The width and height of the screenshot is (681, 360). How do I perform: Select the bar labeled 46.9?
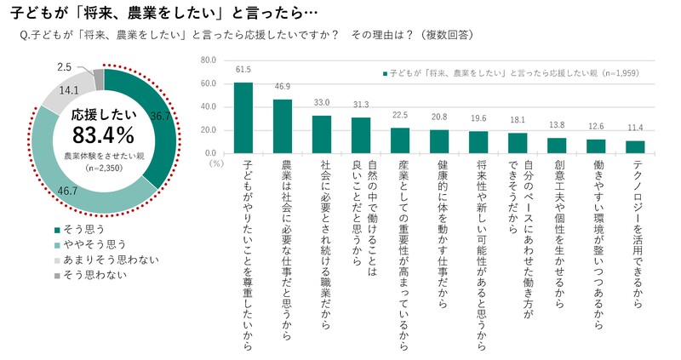pyautogui.click(x=283, y=126)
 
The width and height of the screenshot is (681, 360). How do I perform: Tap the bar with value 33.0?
pyautogui.click(x=322, y=134)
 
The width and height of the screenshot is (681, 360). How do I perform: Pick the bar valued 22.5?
pyautogui.click(x=400, y=140)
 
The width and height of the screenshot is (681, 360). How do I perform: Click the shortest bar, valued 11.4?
pyautogui.click(x=635, y=146)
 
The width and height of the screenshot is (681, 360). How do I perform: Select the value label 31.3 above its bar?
pyautogui.click(x=361, y=105)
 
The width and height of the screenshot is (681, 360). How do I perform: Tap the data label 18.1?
pyautogui.click(x=518, y=120)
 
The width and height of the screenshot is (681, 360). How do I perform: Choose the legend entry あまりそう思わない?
pyautogui.click(x=100, y=258)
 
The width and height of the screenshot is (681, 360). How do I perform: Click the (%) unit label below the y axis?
pyautogui.click(x=215, y=161)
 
